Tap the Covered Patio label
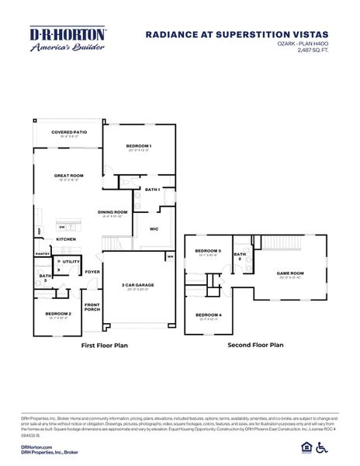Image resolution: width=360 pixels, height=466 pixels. click(x=69, y=133)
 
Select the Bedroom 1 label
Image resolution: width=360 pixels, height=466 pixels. click(x=138, y=146)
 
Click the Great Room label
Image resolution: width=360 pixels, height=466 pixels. click(x=68, y=176)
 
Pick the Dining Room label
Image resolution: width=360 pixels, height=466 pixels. click(x=112, y=212)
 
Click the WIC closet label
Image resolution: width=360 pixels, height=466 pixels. click(x=154, y=229)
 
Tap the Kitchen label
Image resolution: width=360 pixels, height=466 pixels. click(x=66, y=239)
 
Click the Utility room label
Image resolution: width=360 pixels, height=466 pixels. click(x=71, y=262)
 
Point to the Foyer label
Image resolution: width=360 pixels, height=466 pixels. click(x=92, y=272)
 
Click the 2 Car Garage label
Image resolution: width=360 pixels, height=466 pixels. click(x=137, y=285)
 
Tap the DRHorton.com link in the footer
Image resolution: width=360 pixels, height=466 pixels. click(x=36, y=447)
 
